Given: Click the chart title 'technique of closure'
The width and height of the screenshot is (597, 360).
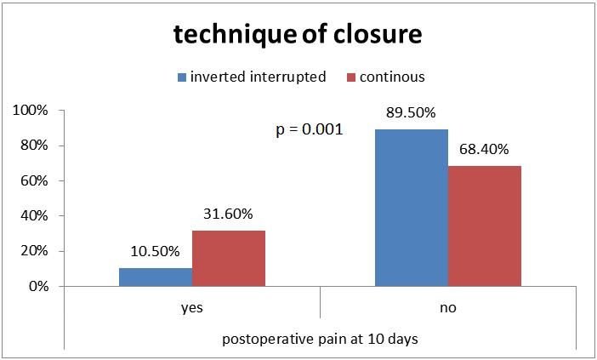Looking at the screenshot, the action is (298, 35).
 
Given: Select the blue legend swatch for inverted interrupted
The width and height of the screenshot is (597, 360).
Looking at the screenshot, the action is (182, 77).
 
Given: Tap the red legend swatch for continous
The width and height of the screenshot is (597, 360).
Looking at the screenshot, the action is (351, 77).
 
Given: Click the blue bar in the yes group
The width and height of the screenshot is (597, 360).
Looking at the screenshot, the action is (156, 277).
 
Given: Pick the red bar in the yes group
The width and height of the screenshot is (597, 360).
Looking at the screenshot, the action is (229, 258).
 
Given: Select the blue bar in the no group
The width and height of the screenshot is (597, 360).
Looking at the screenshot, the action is (412, 208).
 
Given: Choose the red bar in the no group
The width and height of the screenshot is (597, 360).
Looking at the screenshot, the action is (485, 226).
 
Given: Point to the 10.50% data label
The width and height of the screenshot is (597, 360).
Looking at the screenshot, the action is (155, 251).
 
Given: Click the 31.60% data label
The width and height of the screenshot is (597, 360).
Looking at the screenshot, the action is (228, 214).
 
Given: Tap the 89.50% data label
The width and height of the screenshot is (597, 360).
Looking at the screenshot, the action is (412, 112).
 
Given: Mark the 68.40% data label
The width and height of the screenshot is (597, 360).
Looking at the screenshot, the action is (484, 149).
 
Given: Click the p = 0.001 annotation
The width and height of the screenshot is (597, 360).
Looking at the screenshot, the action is (310, 130).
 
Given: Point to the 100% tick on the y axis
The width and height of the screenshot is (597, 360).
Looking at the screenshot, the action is (31, 111).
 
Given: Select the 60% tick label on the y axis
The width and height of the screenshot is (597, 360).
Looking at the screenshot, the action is (34, 181).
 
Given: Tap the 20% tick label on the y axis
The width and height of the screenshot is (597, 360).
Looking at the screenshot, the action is (34, 251).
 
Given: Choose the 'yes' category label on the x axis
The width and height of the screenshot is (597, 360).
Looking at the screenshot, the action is (192, 308).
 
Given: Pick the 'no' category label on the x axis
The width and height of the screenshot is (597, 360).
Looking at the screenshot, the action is (447, 307).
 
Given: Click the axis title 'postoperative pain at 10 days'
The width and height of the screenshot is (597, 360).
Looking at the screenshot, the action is (321, 339).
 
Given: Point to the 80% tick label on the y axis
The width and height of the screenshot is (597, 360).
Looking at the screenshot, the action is (34, 146).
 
